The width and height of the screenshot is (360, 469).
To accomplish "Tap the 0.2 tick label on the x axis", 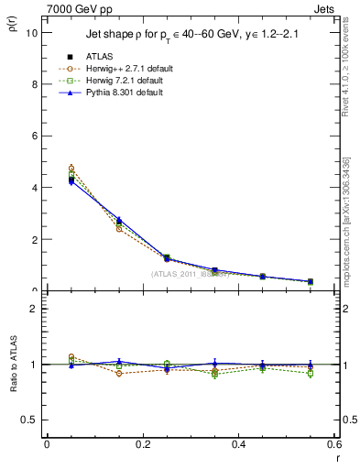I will coord(142,444).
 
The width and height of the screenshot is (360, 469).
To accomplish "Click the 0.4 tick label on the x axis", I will coord(238,444).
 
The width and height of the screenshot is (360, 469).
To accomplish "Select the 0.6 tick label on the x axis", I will coord(333,444).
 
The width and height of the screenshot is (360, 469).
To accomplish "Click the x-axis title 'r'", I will coord(337,457).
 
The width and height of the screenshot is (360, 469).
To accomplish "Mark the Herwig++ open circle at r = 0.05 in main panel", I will coord(71,169).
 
